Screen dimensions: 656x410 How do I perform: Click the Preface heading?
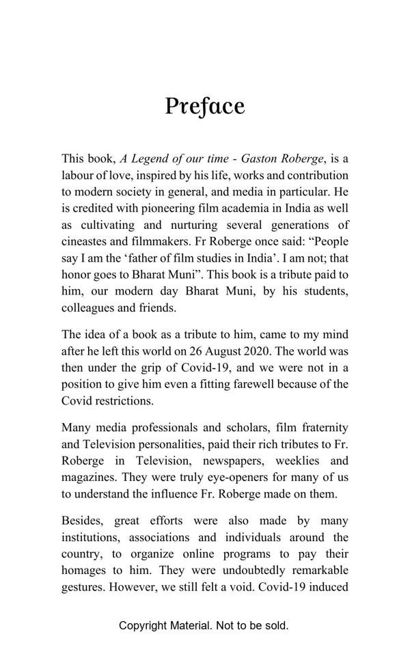click(x=204, y=107)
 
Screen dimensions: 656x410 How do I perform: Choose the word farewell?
click(x=263, y=384)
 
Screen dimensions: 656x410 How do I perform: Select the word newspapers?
click(x=233, y=461)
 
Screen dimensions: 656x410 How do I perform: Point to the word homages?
click(x=85, y=570)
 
